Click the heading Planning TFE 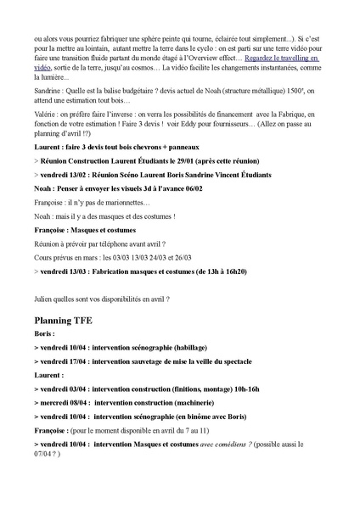point(69,322)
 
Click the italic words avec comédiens point(220,443)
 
